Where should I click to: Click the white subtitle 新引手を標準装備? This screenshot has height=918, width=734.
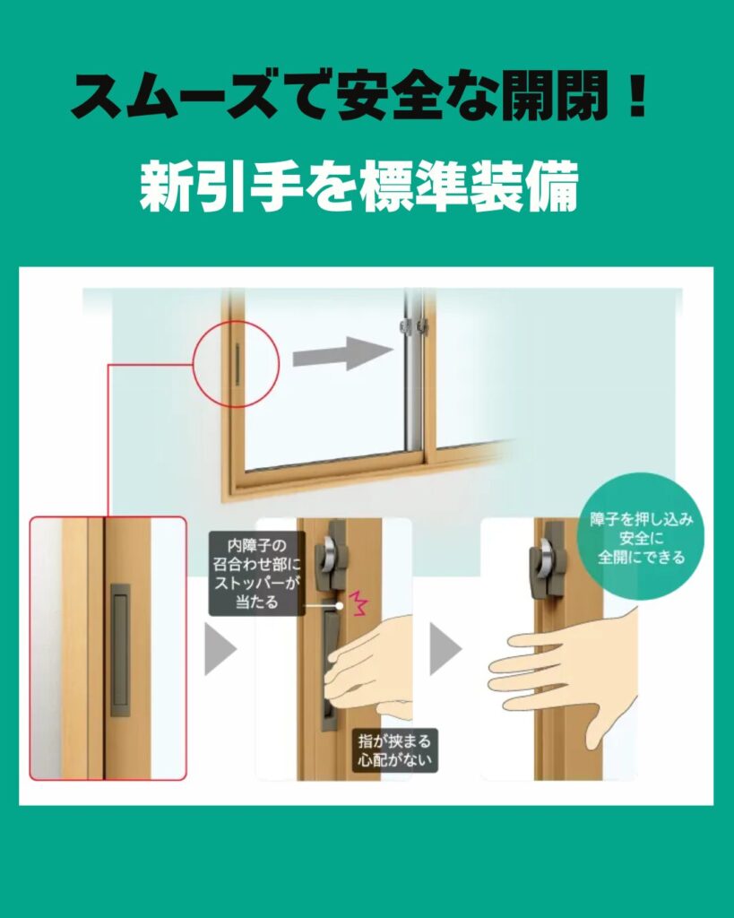(359, 186)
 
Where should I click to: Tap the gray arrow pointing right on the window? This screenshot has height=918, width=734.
(342, 353)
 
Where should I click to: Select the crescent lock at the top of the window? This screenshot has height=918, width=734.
(413, 326)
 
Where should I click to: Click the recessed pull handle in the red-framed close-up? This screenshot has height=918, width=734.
(120, 650)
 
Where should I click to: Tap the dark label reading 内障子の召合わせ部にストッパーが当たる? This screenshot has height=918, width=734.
(257, 573)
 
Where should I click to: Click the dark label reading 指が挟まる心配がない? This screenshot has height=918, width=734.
(395, 750)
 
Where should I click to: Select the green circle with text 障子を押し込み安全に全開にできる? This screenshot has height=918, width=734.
(641, 537)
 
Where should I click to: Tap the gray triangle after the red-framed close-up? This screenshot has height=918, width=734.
(220, 649)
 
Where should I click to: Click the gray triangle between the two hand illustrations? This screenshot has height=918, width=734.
(445, 649)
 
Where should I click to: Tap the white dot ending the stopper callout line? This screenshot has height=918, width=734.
(339, 606)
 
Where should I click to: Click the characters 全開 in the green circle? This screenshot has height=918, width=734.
(611, 557)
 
